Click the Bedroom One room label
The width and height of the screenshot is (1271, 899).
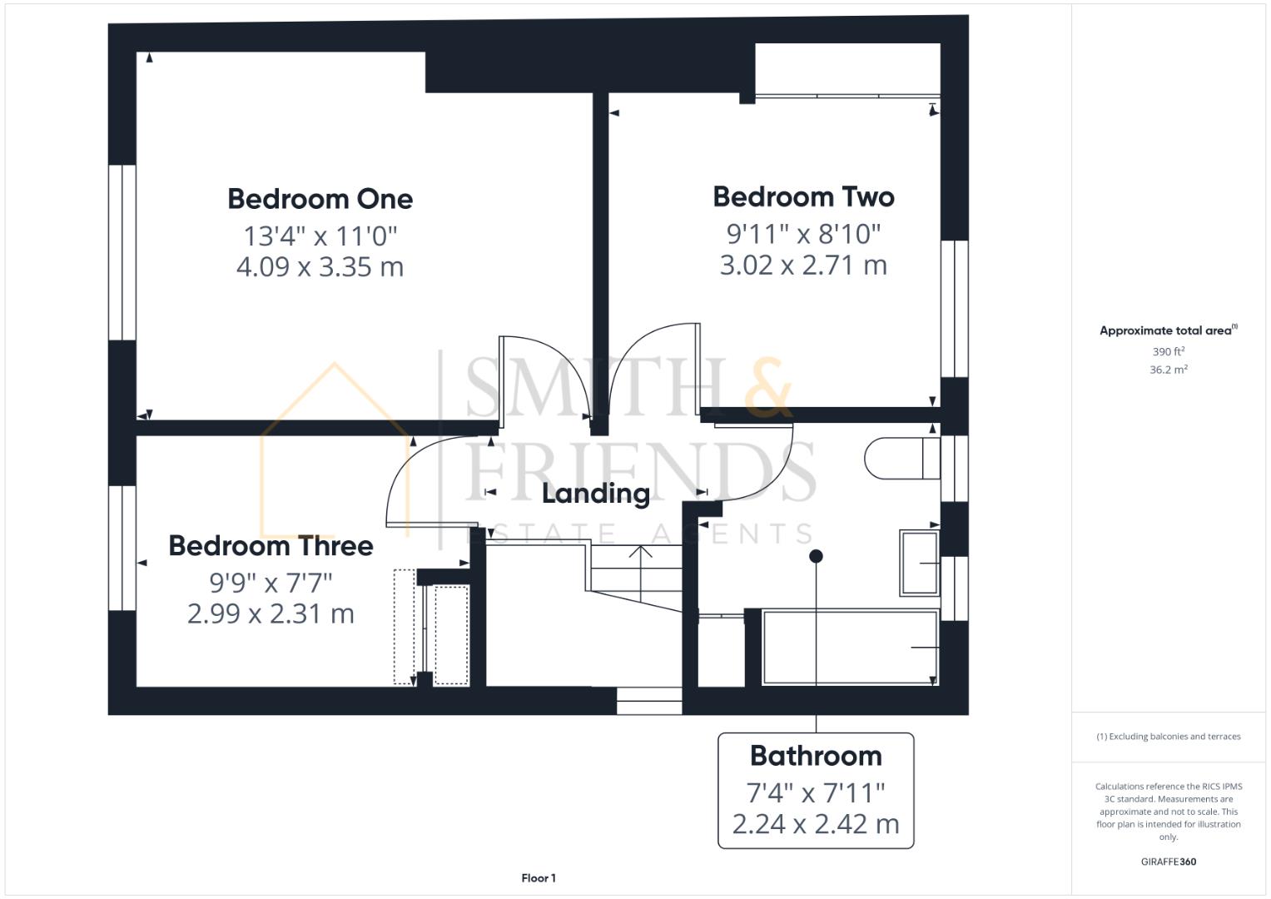point(320,199)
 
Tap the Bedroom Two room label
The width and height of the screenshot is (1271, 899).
point(803,196)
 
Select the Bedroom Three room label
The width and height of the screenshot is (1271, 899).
point(271,546)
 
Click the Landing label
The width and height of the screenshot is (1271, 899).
point(595,494)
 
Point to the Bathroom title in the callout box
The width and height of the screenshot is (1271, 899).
point(816,756)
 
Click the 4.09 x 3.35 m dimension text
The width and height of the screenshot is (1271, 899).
point(320,267)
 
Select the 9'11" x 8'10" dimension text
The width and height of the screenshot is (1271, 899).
point(803,233)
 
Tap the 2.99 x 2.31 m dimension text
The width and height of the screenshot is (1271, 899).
point(271,614)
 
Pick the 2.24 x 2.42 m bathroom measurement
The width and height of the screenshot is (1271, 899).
point(816,824)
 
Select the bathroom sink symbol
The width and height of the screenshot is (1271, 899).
point(919,564)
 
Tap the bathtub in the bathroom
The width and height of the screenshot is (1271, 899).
point(849,648)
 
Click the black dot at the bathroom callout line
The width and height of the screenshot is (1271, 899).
point(816,556)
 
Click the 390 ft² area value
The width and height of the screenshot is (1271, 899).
point(1168,352)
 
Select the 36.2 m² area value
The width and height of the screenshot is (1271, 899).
point(1168,370)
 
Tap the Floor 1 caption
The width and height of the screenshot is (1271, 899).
point(539,878)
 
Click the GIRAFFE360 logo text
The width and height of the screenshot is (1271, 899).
point(1168,862)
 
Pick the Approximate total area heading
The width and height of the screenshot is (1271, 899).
point(1167,330)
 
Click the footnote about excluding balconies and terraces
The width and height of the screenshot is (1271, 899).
point(1168,737)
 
